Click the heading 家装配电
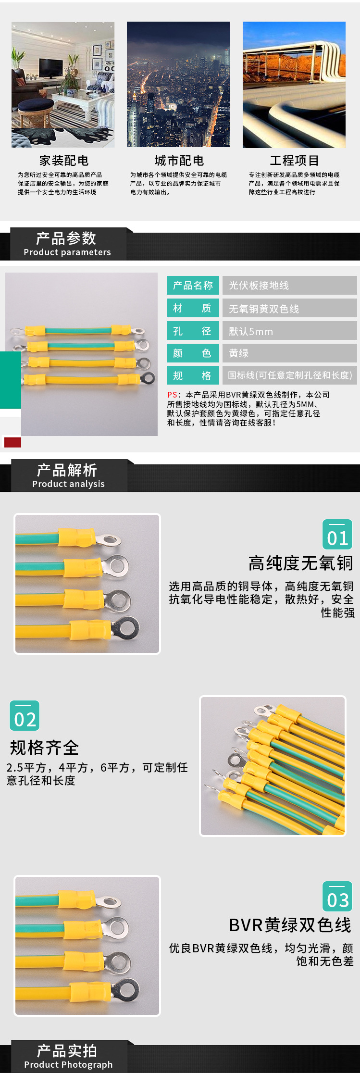[64, 161]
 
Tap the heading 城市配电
[179, 161]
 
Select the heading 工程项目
[294, 161]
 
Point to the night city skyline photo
[178, 85]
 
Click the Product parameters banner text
[67, 252]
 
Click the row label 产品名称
[193, 286]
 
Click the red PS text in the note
[172, 395]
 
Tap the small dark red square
[12, 442]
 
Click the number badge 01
[337, 535]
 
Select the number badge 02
[25, 716]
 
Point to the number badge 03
[337, 897]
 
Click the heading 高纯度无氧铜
[301, 563]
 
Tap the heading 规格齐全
[44, 748]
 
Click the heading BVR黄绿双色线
[290, 925]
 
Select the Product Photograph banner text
[68, 1065]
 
